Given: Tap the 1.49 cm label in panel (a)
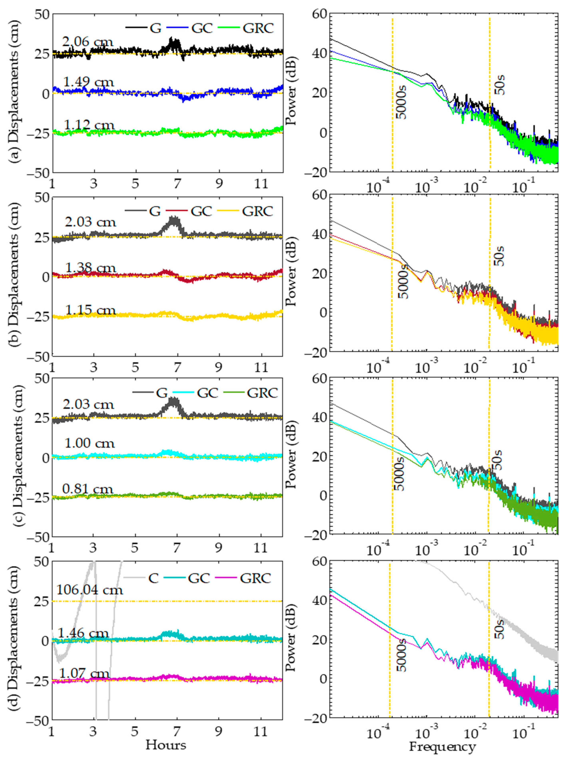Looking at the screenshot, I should pyautogui.click(x=89, y=82).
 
